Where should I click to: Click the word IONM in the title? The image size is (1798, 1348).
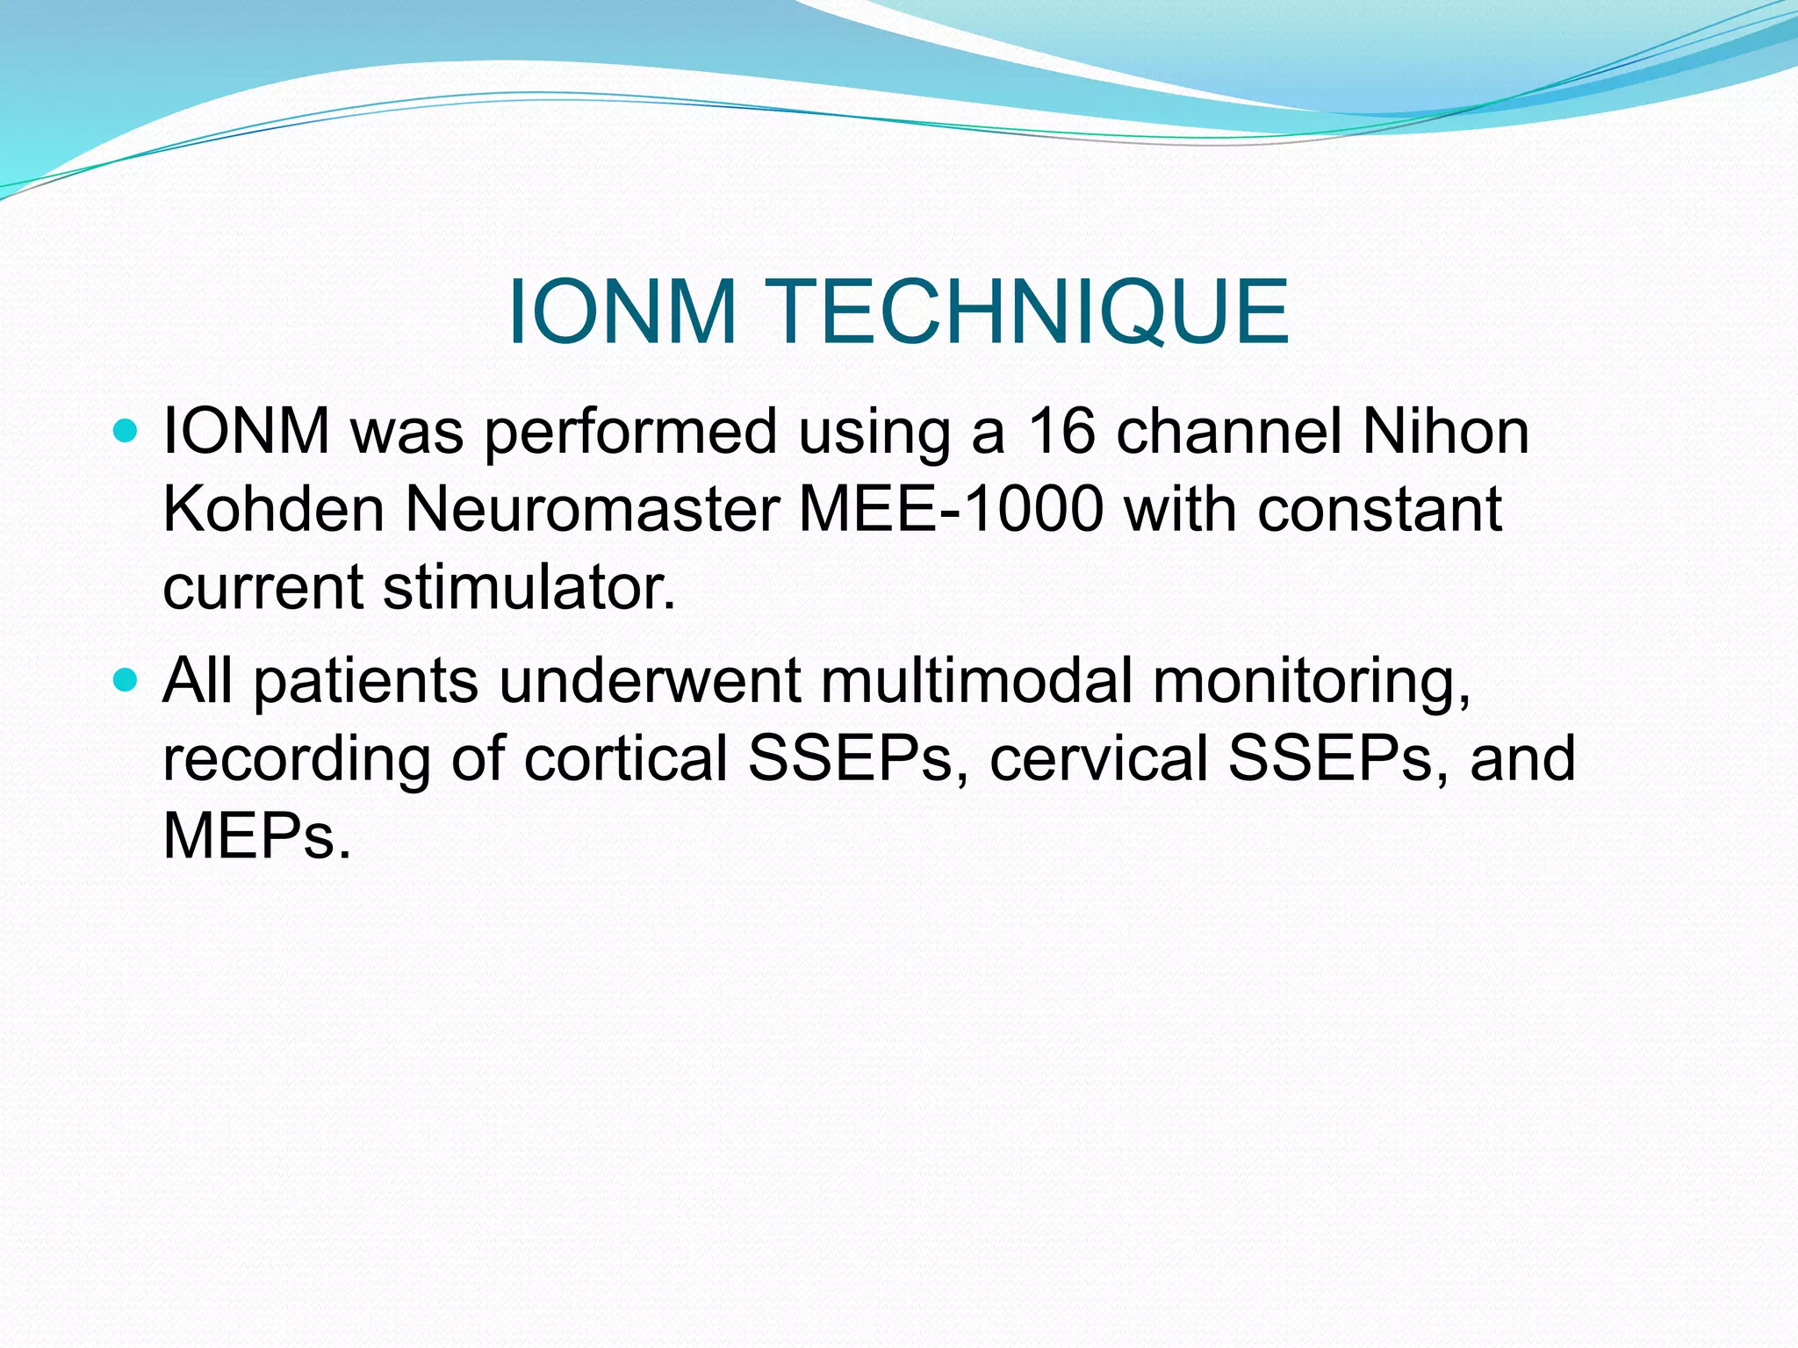(622, 312)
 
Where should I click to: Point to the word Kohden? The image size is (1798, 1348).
(273, 509)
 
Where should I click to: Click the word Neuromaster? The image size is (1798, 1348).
(592, 509)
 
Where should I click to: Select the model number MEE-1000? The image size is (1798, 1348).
(951, 509)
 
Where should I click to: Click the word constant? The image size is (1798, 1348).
(1379, 509)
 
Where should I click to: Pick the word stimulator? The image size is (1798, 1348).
(529, 587)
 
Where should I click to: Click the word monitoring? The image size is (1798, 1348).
(1311, 683)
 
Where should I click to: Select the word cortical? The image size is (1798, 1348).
(626, 758)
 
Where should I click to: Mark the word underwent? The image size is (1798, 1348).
(651, 683)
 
